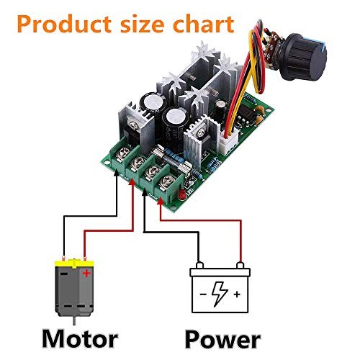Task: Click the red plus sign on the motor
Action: click(x=86, y=274)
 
